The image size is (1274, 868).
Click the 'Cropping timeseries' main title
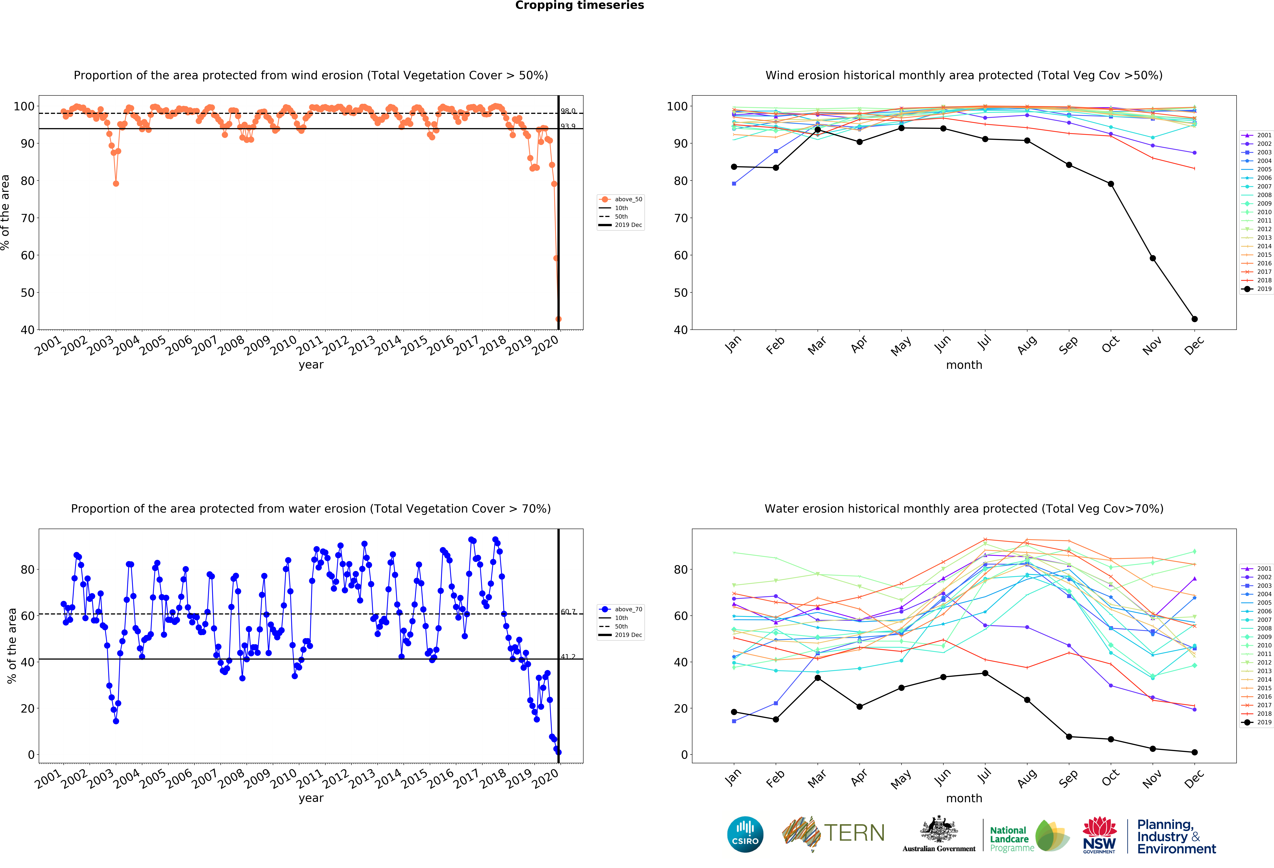coord(579,5)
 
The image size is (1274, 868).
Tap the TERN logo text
coord(854,833)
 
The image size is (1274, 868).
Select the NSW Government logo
coord(1099,835)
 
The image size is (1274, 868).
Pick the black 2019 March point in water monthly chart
coord(817,678)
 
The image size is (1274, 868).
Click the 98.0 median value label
coord(568,111)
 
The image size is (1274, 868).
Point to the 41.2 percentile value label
coord(568,656)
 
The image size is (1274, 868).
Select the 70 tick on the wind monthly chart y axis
coord(680,218)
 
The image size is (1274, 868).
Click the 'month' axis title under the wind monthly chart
coord(964,365)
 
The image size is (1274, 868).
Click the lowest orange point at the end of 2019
coord(558,319)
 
